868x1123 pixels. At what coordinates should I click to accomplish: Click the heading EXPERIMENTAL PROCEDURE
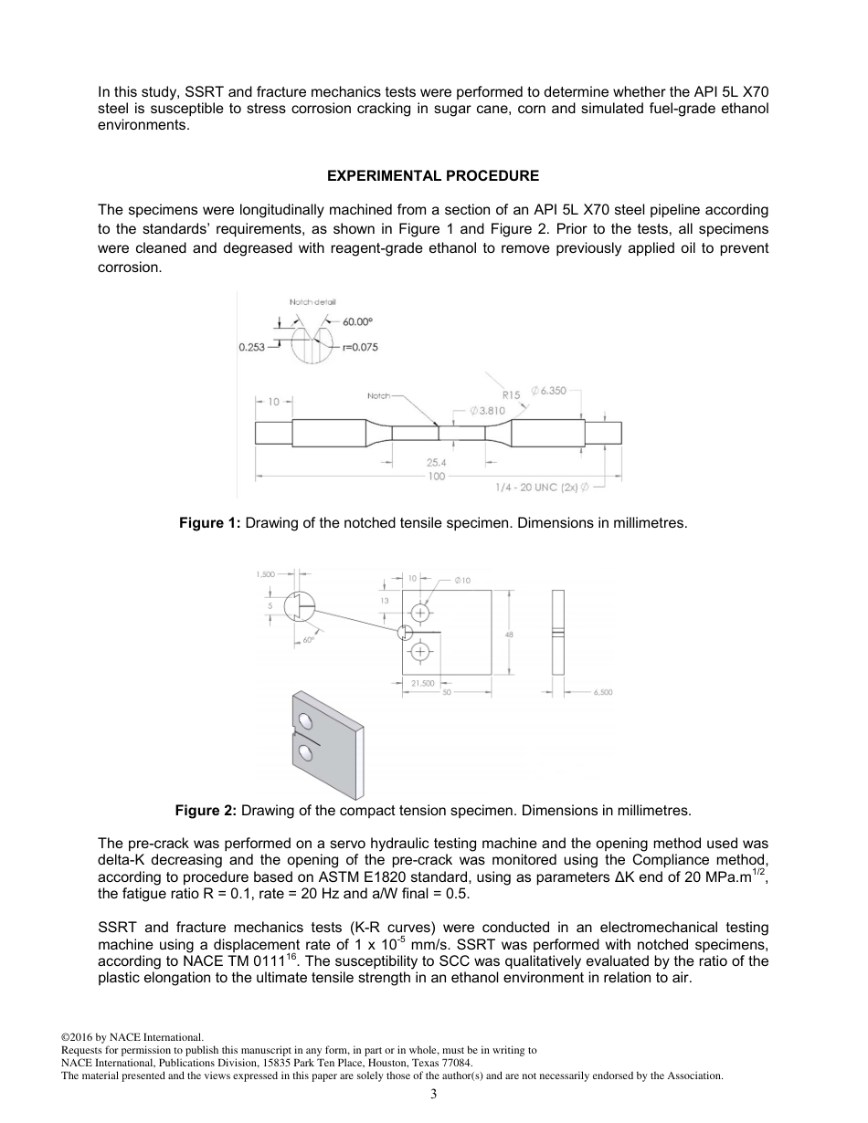tap(433, 175)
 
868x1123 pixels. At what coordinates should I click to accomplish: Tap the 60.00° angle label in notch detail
tap(359, 321)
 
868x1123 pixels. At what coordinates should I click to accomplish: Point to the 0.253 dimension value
tap(251, 347)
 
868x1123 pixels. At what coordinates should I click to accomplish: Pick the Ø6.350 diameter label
tap(548, 391)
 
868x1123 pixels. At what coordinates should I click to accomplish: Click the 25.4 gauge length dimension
tap(437, 463)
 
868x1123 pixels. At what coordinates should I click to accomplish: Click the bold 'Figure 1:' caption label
tap(209, 523)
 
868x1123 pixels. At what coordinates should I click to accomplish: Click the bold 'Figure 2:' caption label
tap(206, 810)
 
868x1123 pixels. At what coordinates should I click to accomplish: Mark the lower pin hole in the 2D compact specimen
tap(420, 651)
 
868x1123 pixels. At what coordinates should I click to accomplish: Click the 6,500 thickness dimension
tap(603, 692)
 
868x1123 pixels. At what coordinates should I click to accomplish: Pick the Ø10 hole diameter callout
tap(463, 581)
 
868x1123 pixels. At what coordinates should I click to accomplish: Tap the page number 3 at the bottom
tap(433, 1094)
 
